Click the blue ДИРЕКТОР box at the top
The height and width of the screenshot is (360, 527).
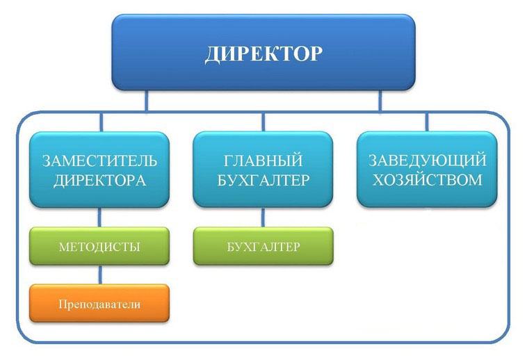(x=263, y=52)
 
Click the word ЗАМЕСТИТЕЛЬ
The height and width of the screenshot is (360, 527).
(x=100, y=161)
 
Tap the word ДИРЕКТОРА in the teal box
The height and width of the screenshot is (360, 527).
(x=100, y=181)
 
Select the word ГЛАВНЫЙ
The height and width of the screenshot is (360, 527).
(x=263, y=161)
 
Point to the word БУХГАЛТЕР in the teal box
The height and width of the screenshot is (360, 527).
(x=263, y=180)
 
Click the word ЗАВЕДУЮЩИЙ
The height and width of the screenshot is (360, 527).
(x=427, y=160)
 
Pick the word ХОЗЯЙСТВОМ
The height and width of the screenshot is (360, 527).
(x=427, y=180)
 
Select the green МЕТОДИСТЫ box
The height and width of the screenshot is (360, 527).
(x=99, y=246)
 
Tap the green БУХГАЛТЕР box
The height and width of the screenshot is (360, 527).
(x=263, y=246)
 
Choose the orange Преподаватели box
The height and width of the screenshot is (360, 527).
(x=99, y=303)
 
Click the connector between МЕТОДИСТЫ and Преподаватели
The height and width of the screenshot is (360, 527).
(x=100, y=275)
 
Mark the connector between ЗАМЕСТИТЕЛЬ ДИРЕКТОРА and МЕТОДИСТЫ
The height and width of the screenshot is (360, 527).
(x=100, y=218)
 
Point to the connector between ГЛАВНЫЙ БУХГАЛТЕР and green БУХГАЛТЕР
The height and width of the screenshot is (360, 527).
(x=263, y=218)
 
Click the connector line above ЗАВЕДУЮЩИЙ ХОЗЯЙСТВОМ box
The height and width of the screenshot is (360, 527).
(x=427, y=122)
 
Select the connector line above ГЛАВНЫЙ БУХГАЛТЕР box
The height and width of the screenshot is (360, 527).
(x=263, y=122)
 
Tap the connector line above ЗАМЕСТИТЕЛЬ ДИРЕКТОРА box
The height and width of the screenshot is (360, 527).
(x=101, y=122)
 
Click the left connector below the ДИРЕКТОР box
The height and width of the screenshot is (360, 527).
(x=146, y=101)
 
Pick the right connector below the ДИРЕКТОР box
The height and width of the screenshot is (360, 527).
(x=380, y=101)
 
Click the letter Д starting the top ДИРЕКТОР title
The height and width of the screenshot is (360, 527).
(x=212, y=54)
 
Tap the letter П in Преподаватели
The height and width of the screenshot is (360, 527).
(x=63, y=304)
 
